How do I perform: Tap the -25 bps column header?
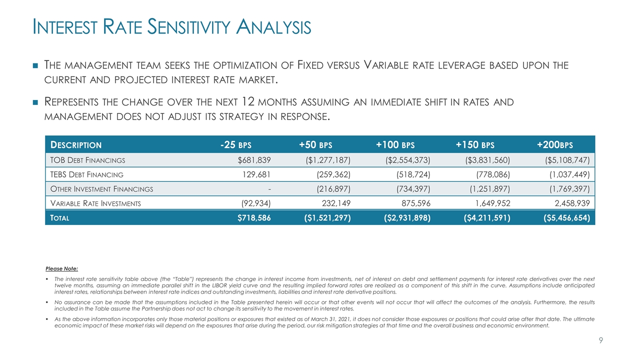[235, 145]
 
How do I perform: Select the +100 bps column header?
[395, 145]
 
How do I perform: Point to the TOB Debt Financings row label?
[87, 160]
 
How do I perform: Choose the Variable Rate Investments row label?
[95, 203]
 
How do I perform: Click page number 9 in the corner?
[601, 340]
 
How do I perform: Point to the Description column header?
[75, 145]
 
